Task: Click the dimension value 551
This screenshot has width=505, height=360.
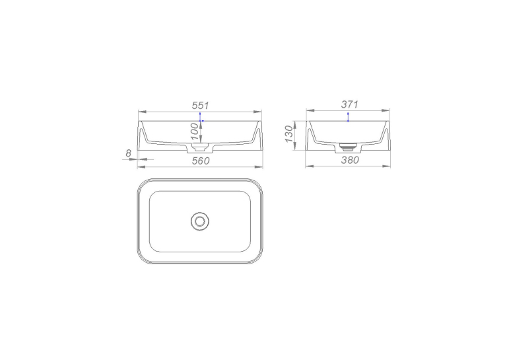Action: (200, 106)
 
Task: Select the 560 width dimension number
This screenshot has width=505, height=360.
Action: (201, 161)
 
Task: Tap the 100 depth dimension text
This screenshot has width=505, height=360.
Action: (195, 131)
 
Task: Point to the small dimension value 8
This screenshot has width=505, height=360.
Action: (129, 153)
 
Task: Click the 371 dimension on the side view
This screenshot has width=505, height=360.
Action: (349, 104)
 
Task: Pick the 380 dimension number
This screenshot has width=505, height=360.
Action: (350, 160)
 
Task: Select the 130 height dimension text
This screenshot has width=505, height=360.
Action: (289, 134)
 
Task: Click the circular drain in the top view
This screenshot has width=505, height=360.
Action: (199, 221)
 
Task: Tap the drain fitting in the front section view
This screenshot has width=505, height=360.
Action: (199, 148)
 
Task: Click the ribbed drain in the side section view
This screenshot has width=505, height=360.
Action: (349, 148)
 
